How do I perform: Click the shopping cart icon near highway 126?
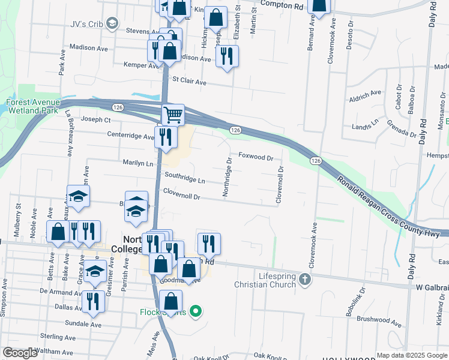(173, 114)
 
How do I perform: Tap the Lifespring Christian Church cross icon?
(306, 279)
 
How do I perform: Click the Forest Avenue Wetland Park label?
(32, 106)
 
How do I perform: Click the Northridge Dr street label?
(227, 178)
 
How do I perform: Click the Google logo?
(20, 353)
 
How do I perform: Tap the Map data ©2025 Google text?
(411, 355)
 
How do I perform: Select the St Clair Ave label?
(189, 81)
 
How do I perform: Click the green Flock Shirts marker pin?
(194, 311)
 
